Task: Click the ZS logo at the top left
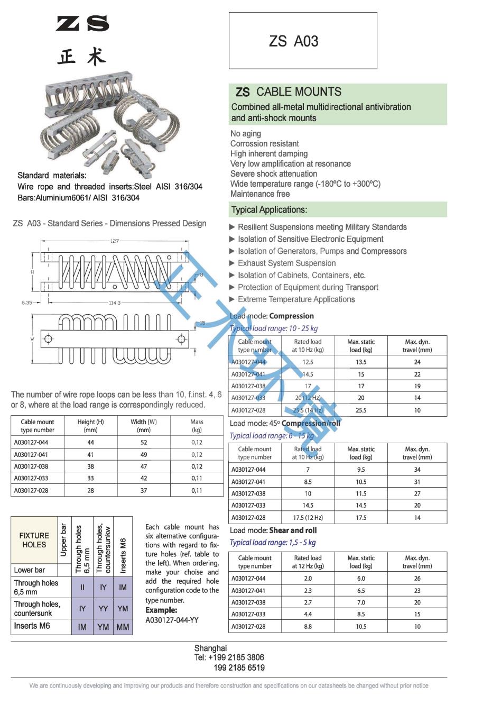82,23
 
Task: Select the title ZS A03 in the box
293,41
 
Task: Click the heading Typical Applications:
269,209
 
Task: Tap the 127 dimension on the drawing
115,241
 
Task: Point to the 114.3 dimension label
115,303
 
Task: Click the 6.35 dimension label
27,303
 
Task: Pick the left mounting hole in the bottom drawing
48,338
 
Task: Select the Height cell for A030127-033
90,478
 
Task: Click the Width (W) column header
144,426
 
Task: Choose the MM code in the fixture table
123,627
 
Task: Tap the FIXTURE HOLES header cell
34,540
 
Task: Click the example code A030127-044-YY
172,620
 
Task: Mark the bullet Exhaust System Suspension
286,263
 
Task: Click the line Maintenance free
260,194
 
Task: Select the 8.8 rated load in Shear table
308,626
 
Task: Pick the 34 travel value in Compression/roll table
417,469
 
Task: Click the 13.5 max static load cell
361,362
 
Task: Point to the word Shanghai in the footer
210,648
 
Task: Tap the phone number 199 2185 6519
239,667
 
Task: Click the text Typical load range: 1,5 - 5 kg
273,542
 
